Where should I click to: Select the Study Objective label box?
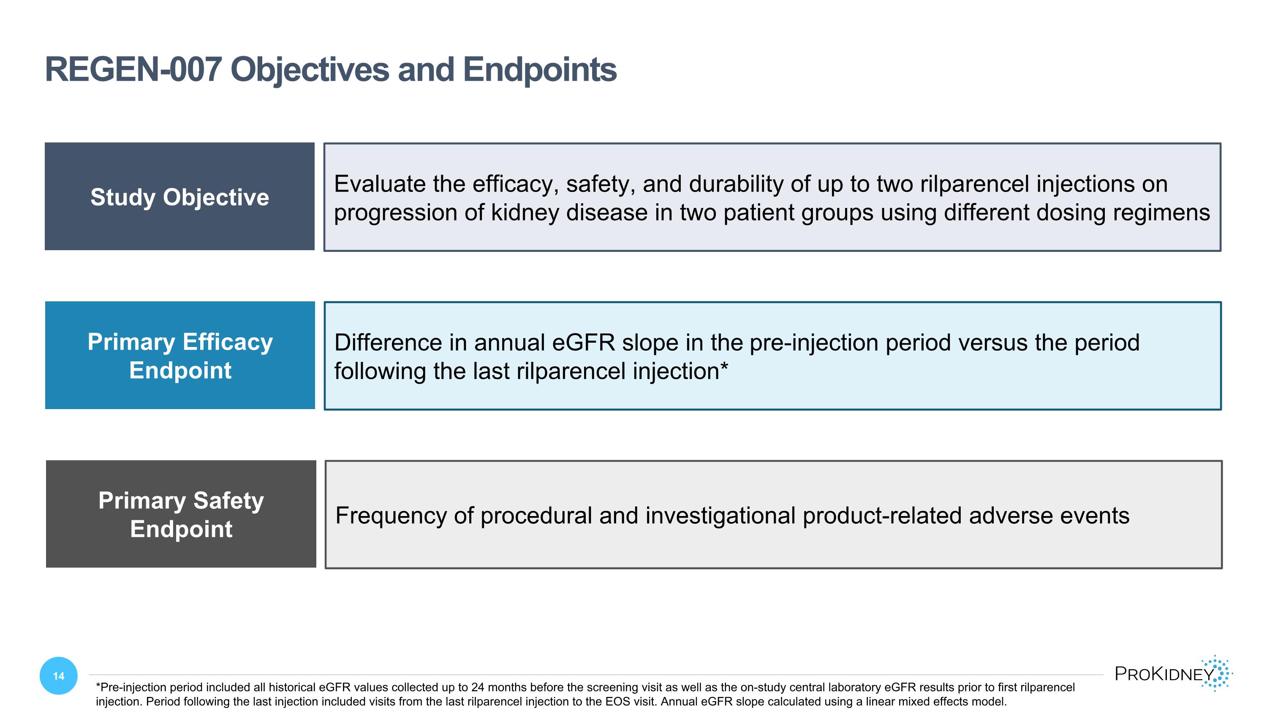point(179,197)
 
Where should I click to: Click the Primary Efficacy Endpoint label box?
point(180,355)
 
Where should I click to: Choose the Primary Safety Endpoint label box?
point(181,514)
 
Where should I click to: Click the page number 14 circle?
point(59,676)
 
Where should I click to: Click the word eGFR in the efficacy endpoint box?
point(583,342)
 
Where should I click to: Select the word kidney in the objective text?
point(525,213)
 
